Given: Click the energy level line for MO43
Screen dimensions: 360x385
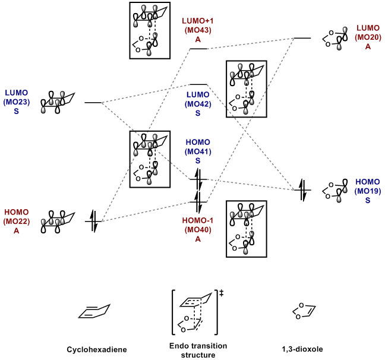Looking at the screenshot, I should click(198, 49).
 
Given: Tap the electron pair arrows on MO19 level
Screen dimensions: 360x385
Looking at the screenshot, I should click(302, 190).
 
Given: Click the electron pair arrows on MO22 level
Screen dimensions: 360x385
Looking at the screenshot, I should click(93, 222).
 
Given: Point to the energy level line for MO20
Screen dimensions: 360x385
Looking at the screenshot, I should click(302, 38).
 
